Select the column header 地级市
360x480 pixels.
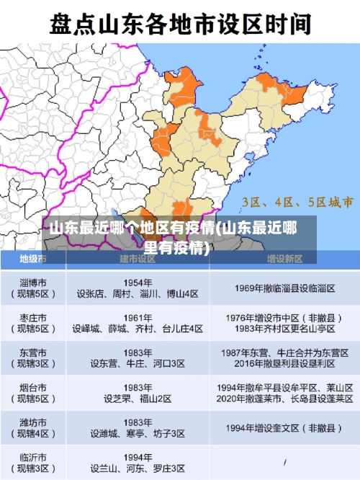point(33,258)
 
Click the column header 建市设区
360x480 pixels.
point(138,258)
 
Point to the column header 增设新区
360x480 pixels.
point(284,258)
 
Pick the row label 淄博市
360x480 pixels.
point(33,288)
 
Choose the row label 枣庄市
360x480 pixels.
point(33,323)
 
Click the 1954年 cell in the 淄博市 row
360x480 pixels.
point(138,288)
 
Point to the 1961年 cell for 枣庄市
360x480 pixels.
point(138,323)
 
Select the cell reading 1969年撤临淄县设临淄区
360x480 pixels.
point(284,288)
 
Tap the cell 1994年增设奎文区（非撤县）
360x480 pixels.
point(284,428)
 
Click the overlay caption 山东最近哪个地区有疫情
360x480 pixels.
point(173,239)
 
